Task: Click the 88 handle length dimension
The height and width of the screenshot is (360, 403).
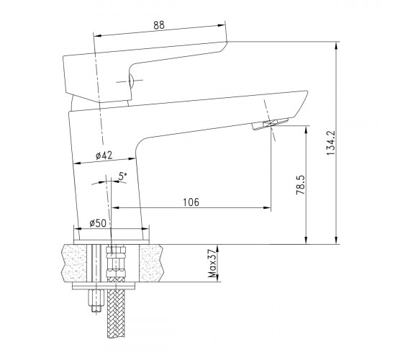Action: (x=159, y=25)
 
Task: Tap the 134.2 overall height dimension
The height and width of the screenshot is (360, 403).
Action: (x=331, y=143)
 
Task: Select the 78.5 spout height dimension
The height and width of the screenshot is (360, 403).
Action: (x=301, y=184)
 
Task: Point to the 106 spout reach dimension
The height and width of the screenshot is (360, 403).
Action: (x=191, y=202)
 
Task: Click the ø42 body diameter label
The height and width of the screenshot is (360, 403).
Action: (x=104, y=156)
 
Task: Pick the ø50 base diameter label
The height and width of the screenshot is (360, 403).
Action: (x=98, y=223)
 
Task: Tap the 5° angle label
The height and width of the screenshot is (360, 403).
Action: (x=122, y=176)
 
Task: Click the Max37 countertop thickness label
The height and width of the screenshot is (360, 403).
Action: (x=212, y=263)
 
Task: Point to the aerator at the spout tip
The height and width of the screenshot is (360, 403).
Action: (x=270, y=124)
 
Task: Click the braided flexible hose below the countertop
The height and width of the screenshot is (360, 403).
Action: (x=116, y=310)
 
